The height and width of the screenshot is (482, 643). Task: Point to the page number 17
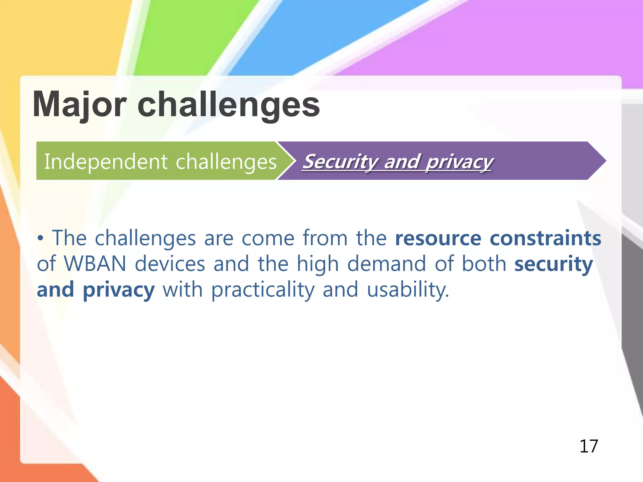[589, 446]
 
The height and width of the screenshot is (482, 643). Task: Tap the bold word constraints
[545, 238]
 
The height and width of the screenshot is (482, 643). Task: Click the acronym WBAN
[95, 264]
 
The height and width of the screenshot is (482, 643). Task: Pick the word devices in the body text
[170, 264]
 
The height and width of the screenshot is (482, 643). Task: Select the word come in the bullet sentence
[268, 238]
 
